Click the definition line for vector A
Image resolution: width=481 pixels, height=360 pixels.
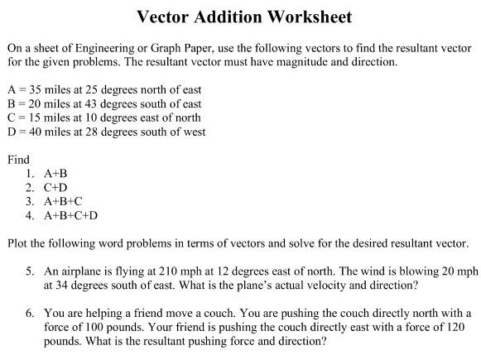[x=103, y=89]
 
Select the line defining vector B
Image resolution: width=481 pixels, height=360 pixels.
[x=103, y=103]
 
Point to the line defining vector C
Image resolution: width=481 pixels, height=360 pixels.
[x=103, y=118]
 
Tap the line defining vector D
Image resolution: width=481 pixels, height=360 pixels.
[x=106, y=132]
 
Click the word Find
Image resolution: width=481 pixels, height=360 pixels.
[x=17, y=160]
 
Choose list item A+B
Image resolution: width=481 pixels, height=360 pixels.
[x=55, y=174]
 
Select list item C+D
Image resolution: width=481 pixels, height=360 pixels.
[x=55, y=188]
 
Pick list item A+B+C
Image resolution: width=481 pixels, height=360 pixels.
[x=63, y=202]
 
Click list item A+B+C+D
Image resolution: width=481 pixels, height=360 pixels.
[x=70, y=216]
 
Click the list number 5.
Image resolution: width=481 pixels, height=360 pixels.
[x=30, y=271]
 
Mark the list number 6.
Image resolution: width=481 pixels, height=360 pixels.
[x=30, y=314]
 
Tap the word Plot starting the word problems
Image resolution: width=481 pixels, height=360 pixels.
[x=17, y=243]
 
